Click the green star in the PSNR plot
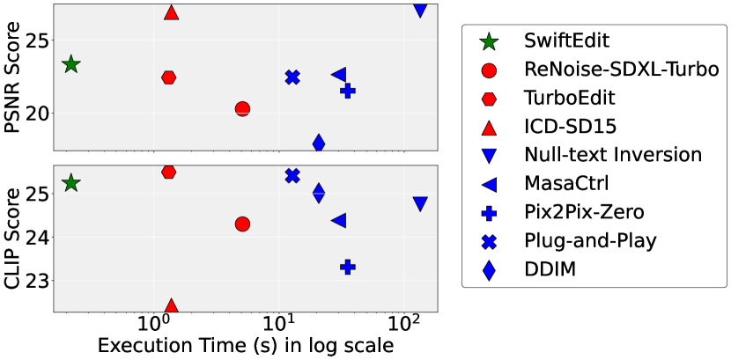tap(71, 64)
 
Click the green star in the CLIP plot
tap(71, 183)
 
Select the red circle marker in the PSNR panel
tap(242, 108)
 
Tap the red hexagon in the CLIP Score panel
tap(169, 172)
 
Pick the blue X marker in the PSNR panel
tap(292, 77)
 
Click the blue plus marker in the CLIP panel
tap(348, 266)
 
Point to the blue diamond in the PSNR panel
tap(319, 143)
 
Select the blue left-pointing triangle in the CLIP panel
tap(338, 220)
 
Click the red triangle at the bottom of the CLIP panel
tap(171, 306)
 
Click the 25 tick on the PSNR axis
tap(38, 40)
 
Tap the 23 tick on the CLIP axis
tap(38, 281)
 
